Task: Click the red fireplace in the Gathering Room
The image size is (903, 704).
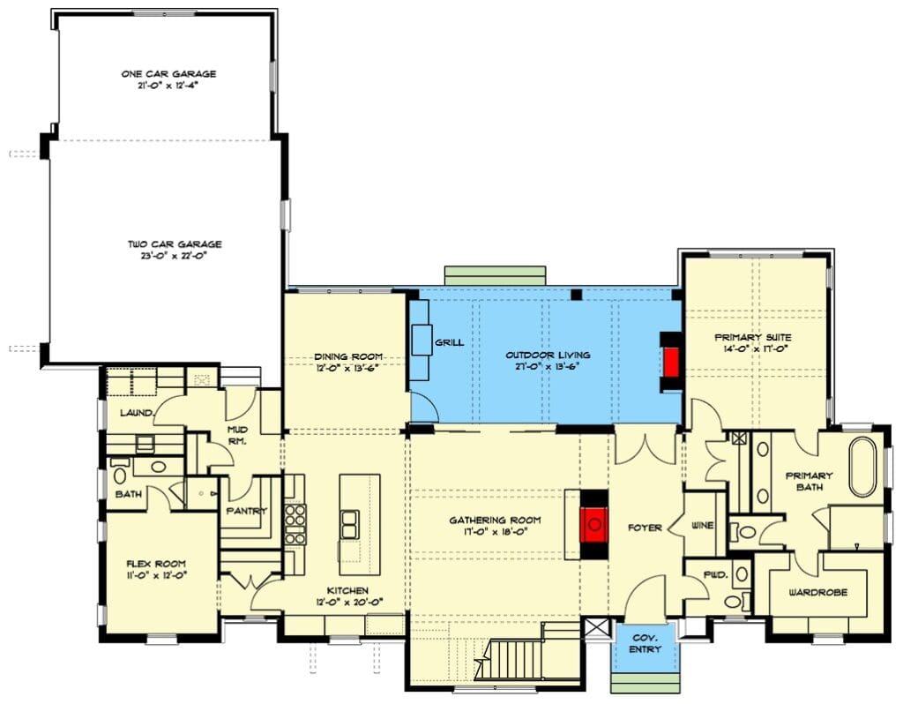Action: [x=593, y=524]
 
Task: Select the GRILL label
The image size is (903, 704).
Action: [x=449, y=342]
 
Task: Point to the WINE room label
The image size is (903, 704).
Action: [x=702, y=526]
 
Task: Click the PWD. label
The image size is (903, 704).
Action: [x=716, y=575]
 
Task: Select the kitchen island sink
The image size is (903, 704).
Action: [x=349, y=524]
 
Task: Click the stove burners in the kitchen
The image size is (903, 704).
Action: [x=295, y=523]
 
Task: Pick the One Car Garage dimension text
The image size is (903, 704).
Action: [x=168, y=86]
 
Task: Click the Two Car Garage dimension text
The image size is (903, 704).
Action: [x=175, y=256]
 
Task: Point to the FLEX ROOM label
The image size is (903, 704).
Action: [x=156, y=564]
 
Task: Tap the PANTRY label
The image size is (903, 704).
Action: [x=247, y=511]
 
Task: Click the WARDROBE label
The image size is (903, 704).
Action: [x=817, y=592]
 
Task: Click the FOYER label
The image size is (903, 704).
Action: [x=645, y=528]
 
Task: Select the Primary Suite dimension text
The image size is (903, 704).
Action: [x=755, y=348]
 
